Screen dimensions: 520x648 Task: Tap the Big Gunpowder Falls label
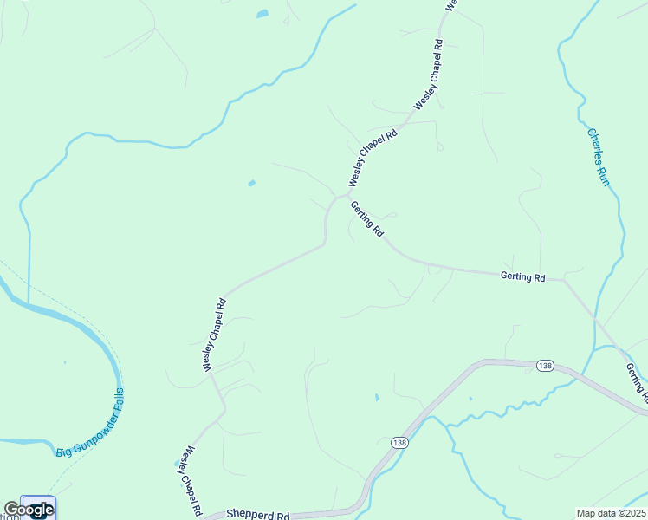coord(91,425)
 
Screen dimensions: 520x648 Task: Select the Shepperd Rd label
coord(257,514)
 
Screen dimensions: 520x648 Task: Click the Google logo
coord(28,510)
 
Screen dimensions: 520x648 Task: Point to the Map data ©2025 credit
coord(612,513)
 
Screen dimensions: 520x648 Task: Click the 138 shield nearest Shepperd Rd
coord(399,443)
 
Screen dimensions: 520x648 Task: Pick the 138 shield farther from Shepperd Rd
coord(544,365)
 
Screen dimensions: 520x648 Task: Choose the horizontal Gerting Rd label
coord(522,277)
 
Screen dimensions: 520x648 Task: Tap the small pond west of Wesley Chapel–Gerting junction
coord(251,183)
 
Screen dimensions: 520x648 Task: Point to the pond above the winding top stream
coord(262,14)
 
